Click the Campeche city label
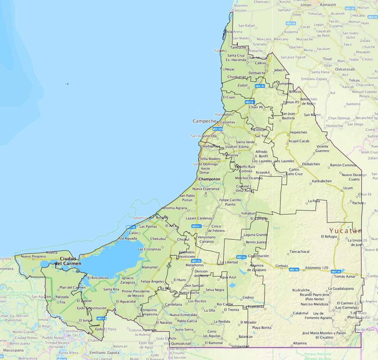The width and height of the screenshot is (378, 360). (204, 121)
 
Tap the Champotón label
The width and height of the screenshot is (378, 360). (209, 179)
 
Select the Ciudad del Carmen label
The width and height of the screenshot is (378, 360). (68, 261)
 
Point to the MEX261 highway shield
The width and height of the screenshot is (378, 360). (196, 226)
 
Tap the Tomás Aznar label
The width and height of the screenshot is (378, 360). (345, 276)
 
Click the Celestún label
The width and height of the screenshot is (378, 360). (238, 11)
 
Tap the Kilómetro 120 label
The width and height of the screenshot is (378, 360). (317, 267)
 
